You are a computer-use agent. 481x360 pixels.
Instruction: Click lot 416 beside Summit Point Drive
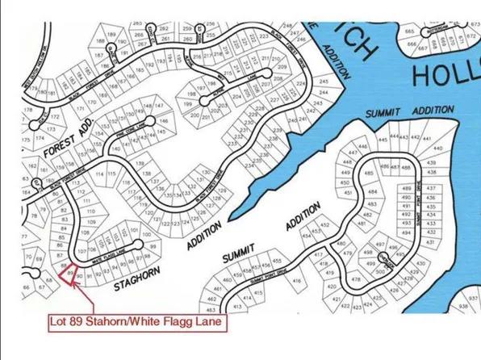297,282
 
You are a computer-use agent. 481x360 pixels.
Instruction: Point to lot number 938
463,307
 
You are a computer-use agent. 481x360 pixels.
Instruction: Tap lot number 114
100,174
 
